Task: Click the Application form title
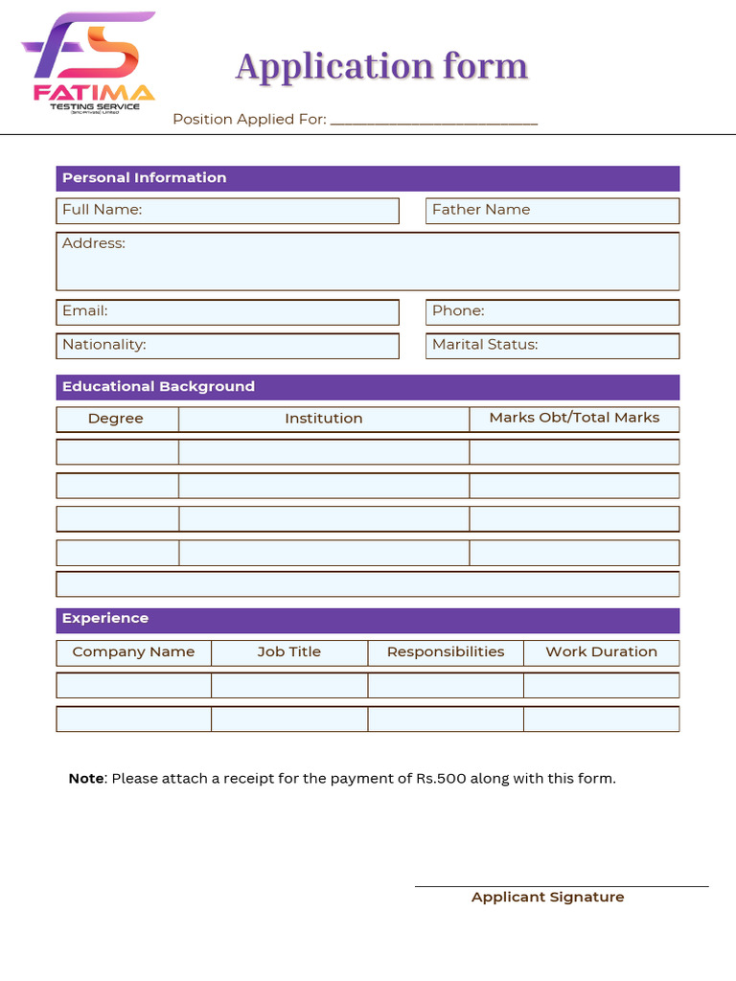381,67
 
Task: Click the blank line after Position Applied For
433,121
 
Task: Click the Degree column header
117,419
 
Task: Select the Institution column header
324,419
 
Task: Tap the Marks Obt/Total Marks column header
574,419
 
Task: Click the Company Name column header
133,652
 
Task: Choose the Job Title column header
289,652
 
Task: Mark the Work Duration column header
601,652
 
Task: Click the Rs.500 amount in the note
441,779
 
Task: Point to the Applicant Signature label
547,898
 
